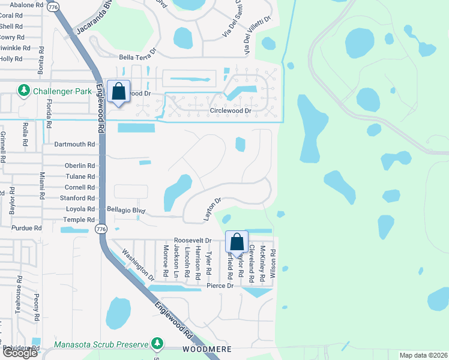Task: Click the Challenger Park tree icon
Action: coord(24,91)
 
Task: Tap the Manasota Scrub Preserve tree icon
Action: coord(157,343)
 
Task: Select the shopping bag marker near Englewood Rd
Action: coord(118,92)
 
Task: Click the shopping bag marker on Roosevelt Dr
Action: coord(237,242)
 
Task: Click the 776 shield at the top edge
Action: coord(53,7)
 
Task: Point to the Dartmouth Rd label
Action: coord(75,145)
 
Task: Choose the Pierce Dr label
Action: coord(220,286)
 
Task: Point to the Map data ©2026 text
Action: coord(424,355)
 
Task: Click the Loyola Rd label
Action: coord(80,209)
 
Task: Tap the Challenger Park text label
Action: coord(61,91)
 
